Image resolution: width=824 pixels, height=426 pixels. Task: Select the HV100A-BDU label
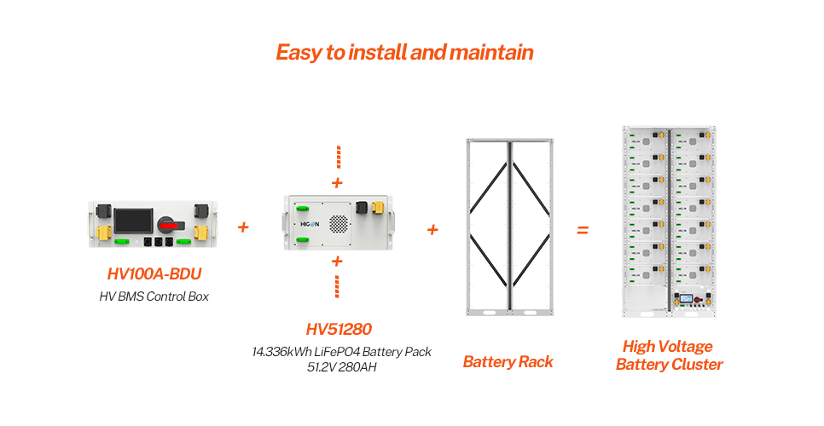point(154,274)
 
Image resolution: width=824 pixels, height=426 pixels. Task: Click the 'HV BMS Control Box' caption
point(154,296)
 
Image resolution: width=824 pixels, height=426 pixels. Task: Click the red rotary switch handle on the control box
point(170,225)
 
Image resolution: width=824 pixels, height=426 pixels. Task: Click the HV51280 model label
point(339,329)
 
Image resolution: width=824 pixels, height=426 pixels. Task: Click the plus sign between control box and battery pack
point(243,227)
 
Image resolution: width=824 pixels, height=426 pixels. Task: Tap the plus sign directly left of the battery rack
point(432,229)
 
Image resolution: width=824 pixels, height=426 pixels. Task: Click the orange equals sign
point(583,229)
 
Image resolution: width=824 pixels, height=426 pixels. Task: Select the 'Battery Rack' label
point(508,362)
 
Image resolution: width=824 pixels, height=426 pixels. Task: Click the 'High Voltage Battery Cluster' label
point(669,355)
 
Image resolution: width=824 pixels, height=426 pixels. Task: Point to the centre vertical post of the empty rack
point(509,226)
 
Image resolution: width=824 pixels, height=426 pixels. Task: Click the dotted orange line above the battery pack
point(338,158)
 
